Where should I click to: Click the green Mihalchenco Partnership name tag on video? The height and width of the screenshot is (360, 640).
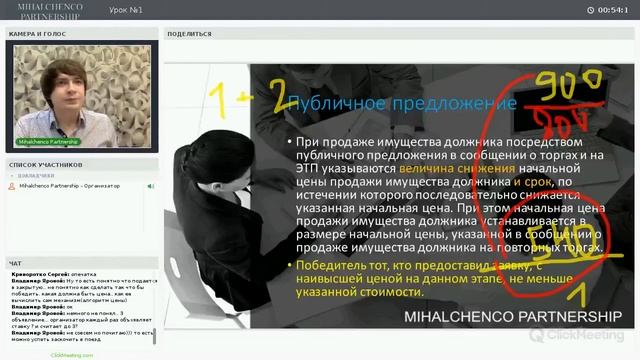point(49,141)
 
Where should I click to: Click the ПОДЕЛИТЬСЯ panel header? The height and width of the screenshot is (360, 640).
point(189,33)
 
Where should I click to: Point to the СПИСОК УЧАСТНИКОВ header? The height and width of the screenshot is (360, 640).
point(45,164)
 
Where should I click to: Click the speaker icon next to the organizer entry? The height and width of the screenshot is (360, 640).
point(151,186)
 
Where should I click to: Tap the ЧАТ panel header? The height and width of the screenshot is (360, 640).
point(15,263)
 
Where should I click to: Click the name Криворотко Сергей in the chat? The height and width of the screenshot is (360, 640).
point(41,272)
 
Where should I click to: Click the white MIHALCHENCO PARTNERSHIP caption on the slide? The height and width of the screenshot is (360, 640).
point(513,316)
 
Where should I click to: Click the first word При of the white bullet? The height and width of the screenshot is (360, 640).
point(305,143)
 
